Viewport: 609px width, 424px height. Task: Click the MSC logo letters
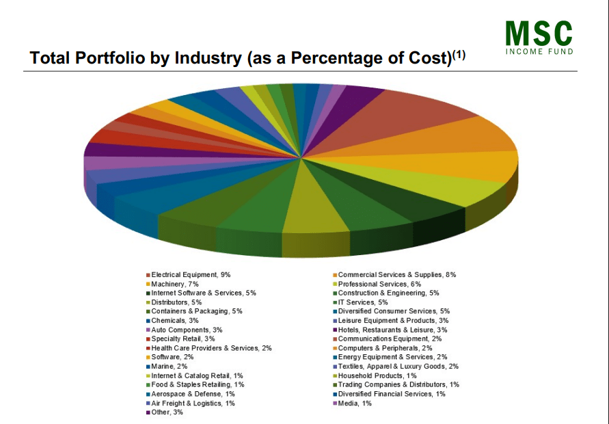pos(539,33)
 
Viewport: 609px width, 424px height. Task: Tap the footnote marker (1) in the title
pos(457,55)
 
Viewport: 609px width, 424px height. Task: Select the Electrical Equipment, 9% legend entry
pos(191,274)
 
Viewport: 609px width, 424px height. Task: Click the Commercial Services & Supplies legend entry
pos(396,274)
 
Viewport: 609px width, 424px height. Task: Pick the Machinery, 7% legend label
pos(174,284)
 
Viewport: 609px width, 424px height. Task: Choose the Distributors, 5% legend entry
pos(176,302)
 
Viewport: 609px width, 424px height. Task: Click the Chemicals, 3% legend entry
pos(174,320)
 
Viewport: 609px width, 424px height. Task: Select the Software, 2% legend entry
pos(172,357)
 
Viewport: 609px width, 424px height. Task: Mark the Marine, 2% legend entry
pos(170,366)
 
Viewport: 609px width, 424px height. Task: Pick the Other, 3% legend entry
pos(167,412)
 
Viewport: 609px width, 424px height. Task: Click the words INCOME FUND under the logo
pos(539,52)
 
